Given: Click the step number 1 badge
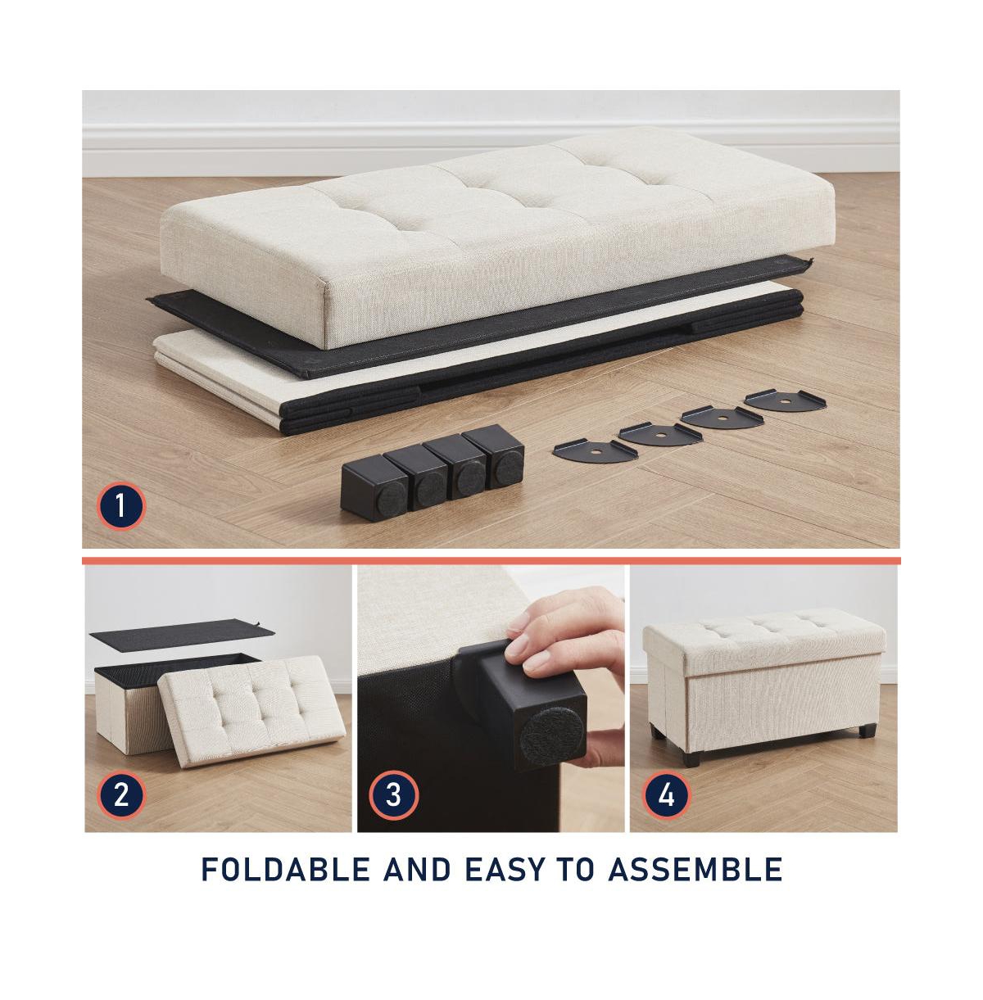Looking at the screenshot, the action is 120,505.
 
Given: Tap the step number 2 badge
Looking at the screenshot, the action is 120,794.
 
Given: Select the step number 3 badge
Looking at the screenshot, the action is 393,794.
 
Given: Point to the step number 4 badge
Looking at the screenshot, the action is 666,794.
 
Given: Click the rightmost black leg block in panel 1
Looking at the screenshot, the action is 494,456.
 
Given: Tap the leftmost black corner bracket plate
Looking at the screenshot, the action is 595,450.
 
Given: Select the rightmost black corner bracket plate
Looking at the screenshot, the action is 785,400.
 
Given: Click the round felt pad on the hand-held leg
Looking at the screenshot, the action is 550,731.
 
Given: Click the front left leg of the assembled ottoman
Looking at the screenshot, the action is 691,758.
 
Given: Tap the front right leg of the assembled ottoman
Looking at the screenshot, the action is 866,730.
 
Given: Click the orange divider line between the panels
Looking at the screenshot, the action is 491,560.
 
